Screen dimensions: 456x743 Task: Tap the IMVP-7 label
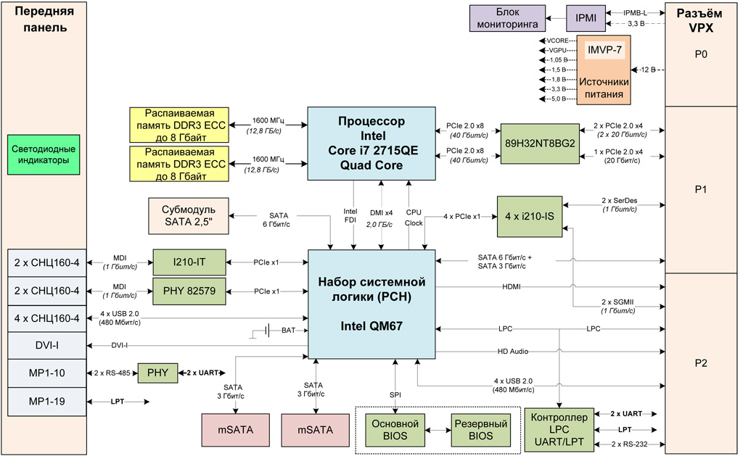click(604, 50)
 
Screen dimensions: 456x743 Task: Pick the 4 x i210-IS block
click(530, 216)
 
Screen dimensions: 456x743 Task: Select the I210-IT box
click(189, 260)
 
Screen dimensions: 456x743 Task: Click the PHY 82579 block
click(189, 291)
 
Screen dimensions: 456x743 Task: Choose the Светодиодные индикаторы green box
click(44, 154)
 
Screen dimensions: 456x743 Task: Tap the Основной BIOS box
click(395, 429)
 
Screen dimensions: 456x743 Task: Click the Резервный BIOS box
click(480, 429)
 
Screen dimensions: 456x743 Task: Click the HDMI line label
click(512, 287)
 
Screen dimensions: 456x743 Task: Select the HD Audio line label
click(512, 352)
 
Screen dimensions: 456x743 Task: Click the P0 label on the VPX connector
click(700, 54)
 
